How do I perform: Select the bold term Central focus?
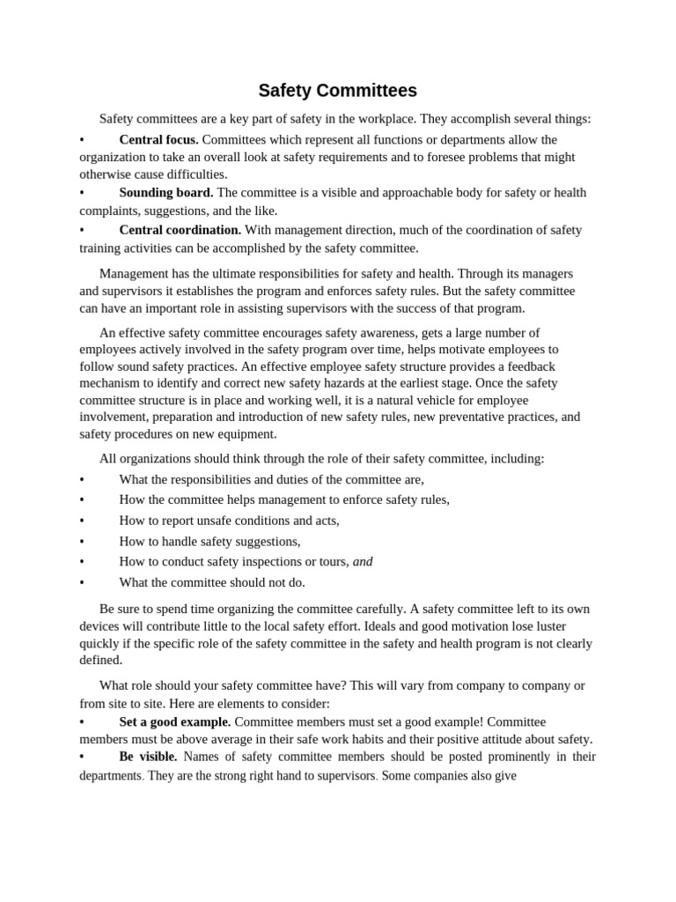[158, 139]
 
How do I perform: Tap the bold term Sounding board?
[165, 192]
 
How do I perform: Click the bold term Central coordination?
[180, 229]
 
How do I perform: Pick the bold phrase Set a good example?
[174, 721]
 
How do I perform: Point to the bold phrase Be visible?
[148, 757]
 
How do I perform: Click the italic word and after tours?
[363, 561]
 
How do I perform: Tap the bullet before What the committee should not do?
[82, 582]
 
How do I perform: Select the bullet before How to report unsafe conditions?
[82, 521]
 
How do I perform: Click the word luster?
[548, 625]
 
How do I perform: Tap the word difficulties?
[191, 174]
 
